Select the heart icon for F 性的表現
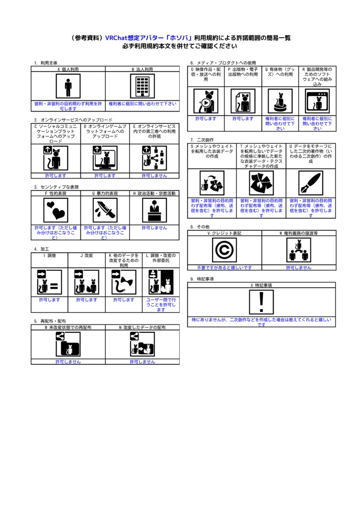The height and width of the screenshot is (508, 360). (56, 210)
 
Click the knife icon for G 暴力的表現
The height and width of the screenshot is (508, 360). (105, 210)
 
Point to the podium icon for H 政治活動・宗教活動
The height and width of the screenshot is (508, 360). (154, 210)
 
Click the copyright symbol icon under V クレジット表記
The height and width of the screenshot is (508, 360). (224, 250)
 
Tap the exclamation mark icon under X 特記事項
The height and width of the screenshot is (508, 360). (261, 302)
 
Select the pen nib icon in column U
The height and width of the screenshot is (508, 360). (310, 184)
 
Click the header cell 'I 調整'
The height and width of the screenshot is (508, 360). (50, 255)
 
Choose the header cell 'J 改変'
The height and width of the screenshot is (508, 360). (86, 255)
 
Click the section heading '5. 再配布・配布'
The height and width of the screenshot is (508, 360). (50, 321)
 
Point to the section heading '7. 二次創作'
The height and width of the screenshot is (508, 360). (202, 140)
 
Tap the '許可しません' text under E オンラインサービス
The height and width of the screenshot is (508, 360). (154, 176)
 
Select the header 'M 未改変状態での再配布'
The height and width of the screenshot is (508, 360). (68, 328)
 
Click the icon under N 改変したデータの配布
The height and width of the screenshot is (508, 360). (143, 344)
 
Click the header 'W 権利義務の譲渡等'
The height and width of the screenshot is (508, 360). (298, 233)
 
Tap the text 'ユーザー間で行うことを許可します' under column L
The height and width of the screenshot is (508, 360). (161, 305)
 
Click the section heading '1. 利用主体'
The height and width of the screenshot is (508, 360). (46, 63)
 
